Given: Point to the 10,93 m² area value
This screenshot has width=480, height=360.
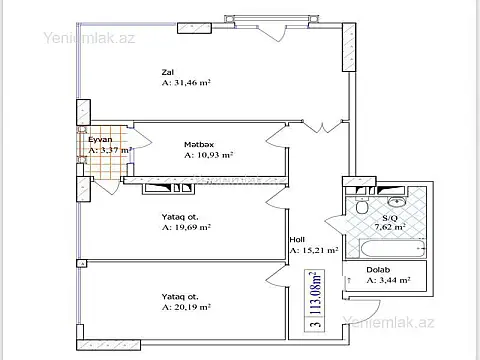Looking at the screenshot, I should click(x=209, y=156).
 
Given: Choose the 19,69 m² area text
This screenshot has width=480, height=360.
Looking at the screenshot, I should click(x=187, y=227).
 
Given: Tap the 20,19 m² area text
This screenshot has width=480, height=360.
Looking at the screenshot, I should click(x=187, y=309).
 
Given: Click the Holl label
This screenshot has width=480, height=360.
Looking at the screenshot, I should click(x=297, y=240).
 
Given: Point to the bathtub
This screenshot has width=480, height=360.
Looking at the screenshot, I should click(x=390, y=247).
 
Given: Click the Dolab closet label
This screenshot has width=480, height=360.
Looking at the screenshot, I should click(x=378, y=270).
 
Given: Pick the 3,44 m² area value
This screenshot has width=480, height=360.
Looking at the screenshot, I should click(x=389, y=282).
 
